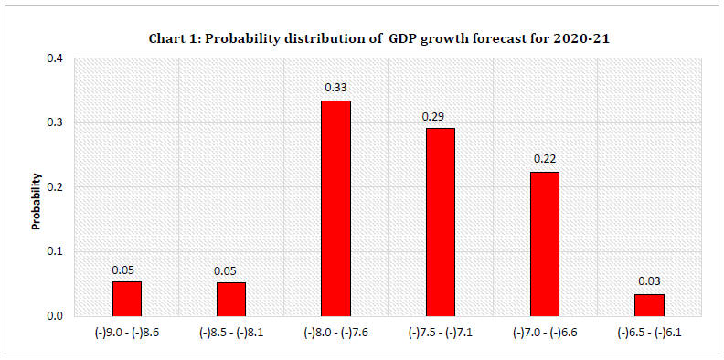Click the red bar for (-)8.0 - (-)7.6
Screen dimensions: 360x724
tap(335, 208)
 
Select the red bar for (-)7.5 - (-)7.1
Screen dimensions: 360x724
tap(440, 222)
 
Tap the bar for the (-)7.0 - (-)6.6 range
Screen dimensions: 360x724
tap(544, 244)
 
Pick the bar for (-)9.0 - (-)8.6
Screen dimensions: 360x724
tap(126, 299)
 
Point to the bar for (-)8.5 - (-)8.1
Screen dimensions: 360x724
tap(230, 299)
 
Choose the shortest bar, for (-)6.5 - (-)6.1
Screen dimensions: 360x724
tap(649, 305)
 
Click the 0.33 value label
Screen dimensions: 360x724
tap(335, 88)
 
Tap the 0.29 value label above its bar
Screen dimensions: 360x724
tap(440, 116)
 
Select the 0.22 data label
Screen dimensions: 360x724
tap(544, 159)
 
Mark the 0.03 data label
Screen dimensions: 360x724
tap(649, 281)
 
